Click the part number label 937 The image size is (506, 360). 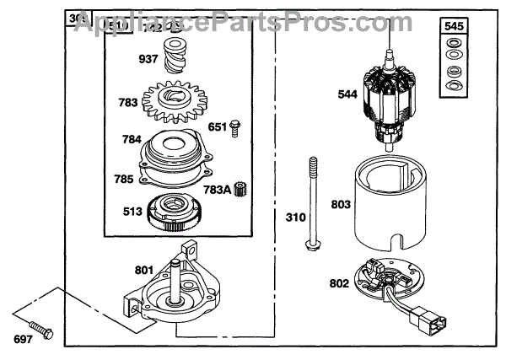point(148,59)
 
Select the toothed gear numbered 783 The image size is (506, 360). point(176,102)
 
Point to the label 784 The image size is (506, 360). point(132,140)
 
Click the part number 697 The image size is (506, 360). point(24,340)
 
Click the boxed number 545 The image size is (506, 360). point(454,26)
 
